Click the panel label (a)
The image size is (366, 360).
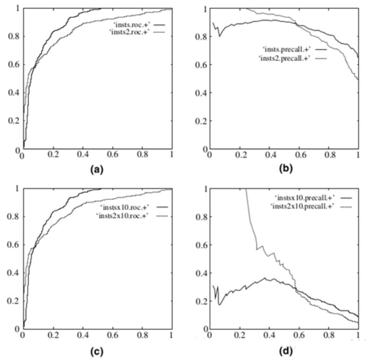click(x=97, y=169)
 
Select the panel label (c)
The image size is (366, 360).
click(x=97, y=352)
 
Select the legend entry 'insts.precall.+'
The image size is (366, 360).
click(x=287, y=49)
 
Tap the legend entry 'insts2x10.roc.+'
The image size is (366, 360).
click(x=126, y=215)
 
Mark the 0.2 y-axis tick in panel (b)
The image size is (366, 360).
click(x=200, y=121)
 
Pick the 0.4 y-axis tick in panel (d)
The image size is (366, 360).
click(x=200, y=273)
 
